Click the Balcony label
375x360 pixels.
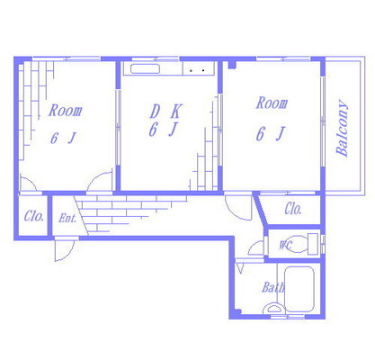point(343,128)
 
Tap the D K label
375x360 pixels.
point(165,111)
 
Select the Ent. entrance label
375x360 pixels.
point(67,218)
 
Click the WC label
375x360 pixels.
point(285,245)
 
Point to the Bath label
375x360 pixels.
point(272,287)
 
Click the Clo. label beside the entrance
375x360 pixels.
point(34,216)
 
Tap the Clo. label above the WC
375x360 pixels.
point(293,209)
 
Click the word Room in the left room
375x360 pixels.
point(66,110)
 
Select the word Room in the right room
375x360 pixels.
point(272,103)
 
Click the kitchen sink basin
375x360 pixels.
point(145,68)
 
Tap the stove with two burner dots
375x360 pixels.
point(199,68)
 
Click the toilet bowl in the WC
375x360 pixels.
point(296,245)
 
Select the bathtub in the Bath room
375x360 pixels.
point(299,289)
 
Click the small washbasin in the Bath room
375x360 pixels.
point(273,309)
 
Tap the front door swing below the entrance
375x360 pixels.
point(64,249)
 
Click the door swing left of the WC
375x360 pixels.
point(256,248)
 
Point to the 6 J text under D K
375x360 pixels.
point(164,130)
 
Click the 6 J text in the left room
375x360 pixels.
point(63,139)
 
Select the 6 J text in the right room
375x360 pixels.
point(270,134)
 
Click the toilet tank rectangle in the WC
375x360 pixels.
point(313,244)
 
